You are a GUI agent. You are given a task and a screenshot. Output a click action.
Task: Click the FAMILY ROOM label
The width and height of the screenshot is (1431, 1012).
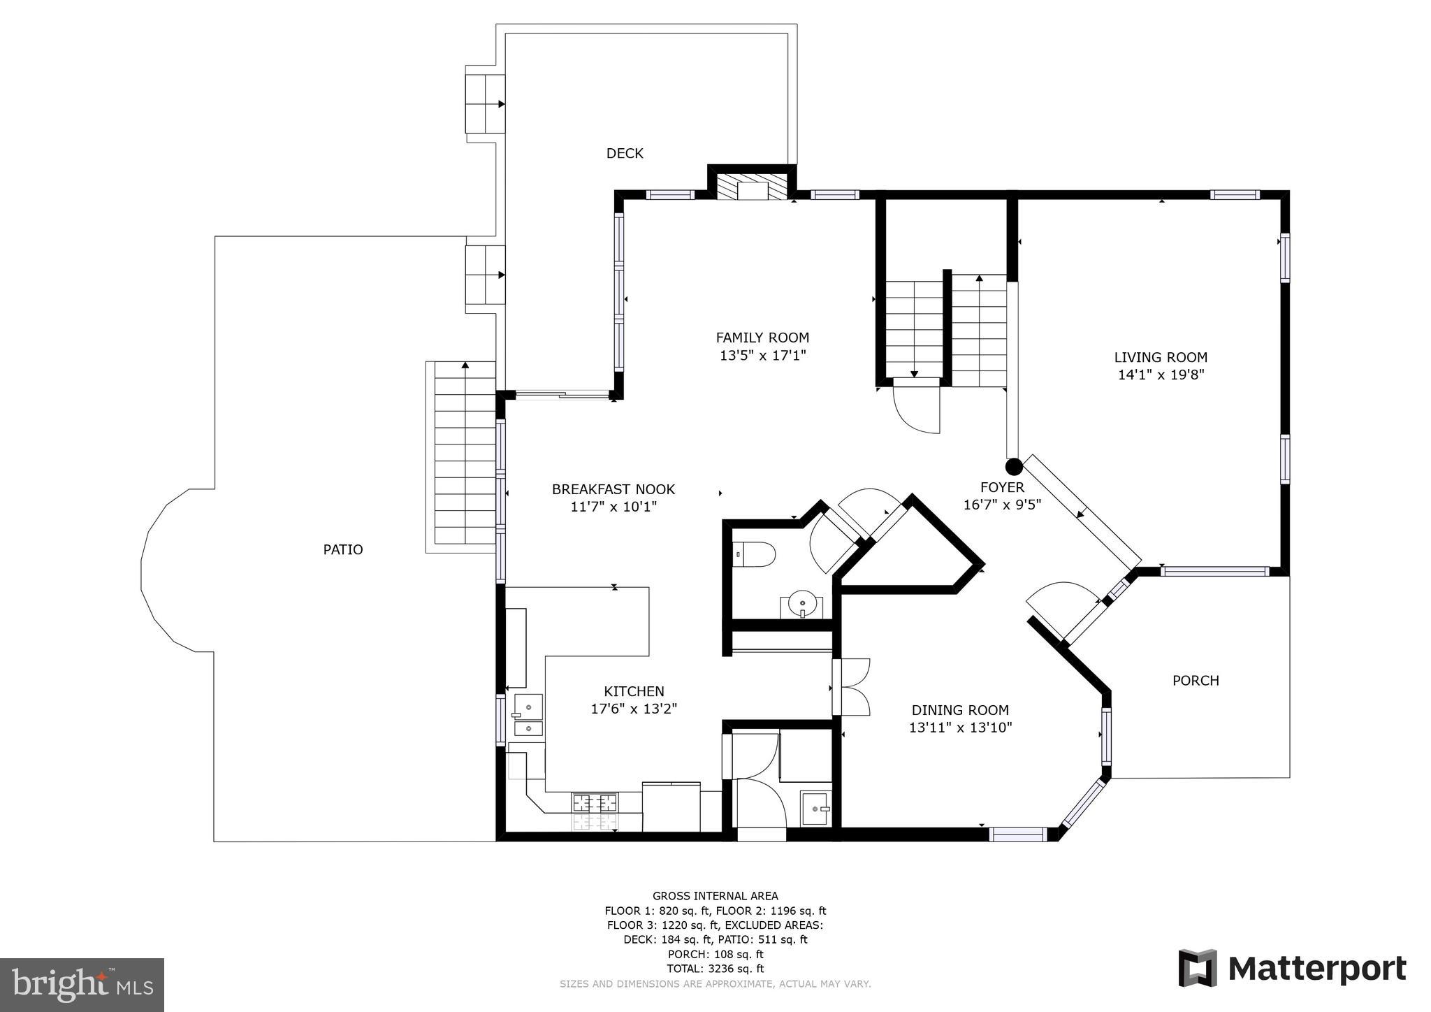point(762,338)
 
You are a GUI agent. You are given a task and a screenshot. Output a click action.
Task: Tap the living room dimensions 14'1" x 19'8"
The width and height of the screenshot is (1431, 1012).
point(1161,375)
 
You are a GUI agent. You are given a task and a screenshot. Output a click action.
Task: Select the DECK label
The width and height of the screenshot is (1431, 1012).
point(624,153)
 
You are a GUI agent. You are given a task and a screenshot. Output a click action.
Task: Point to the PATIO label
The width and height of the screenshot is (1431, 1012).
point(342,550)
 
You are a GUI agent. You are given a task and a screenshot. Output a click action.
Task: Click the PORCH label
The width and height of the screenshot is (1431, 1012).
point(1196,680)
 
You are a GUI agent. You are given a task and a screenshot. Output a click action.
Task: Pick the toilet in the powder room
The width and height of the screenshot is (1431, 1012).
point(757,555)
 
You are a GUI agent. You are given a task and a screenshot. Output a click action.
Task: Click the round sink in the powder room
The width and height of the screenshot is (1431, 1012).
point(802,602)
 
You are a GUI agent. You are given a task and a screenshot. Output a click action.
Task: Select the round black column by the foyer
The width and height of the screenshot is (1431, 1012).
point(1014,466)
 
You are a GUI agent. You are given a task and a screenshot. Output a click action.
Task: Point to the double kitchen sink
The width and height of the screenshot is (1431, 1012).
point(529,716)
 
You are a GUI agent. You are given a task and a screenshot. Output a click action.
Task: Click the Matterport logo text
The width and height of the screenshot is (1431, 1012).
point(1316,969)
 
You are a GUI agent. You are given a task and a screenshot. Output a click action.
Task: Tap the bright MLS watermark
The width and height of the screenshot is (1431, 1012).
point(82,985)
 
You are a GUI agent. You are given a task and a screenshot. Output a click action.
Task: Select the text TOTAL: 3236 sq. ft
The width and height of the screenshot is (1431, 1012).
point(715,969)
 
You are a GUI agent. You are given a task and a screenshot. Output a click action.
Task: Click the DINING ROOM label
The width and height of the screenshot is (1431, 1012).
point(960,710)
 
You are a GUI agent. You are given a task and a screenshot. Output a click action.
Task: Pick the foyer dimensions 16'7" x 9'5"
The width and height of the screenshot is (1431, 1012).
point(1002,505)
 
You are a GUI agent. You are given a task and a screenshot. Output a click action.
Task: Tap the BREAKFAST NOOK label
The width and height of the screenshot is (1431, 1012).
point(613,489)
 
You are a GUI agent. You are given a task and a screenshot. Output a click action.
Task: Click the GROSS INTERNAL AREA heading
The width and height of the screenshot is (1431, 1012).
point(715,896)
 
